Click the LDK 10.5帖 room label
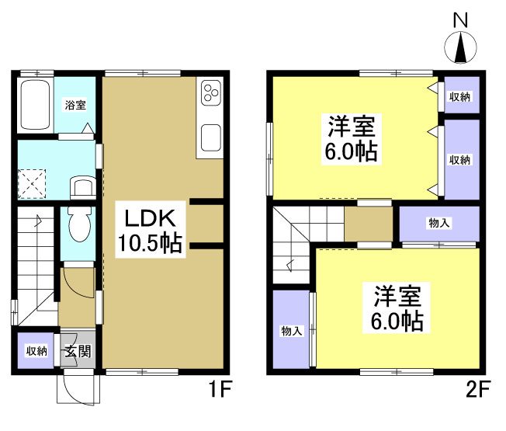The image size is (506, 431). tap(150, 231)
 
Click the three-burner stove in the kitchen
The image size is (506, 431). tap(210, 93)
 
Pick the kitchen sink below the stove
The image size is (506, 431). tap(211, 139)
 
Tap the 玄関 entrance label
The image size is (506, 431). tap(77, 352)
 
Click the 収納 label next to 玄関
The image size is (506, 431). tap(36, 351)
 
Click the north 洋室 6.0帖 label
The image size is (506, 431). tap(351, 138)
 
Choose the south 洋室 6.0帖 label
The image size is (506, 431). tap(399, 308)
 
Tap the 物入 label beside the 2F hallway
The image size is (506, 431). tap(439, 224)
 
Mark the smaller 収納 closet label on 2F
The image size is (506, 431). tap(459, 97)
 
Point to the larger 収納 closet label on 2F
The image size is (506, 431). tap(459, 159)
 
